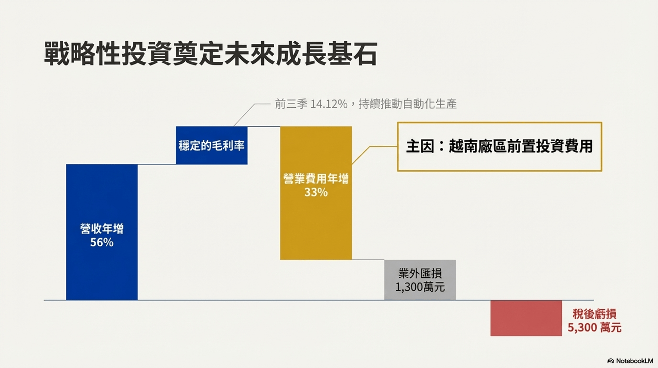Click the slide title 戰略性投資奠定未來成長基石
click(210, 54)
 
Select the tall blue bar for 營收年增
click(102, 232)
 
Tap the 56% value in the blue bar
click(102, 242)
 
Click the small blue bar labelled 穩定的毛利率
click(211, 145)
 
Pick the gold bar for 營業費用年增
click(316, 193)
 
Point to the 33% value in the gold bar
click(316, 192)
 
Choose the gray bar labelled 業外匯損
click(420, 280)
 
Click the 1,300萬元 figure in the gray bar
click(420, 287)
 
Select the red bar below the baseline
click(526, 318)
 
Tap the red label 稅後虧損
click(594, 314)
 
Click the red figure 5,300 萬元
click(594, 327)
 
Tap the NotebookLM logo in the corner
click(630, 361)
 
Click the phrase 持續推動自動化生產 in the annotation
click(408, 104)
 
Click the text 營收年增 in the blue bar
click(102, 229)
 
